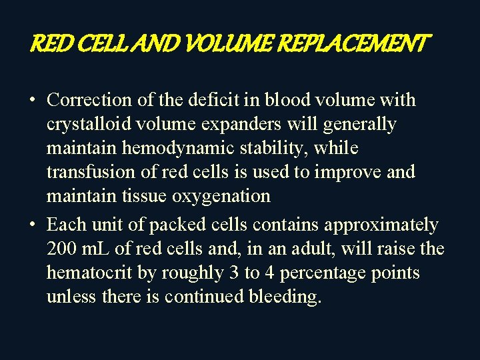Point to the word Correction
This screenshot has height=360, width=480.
click(x=89, y=100)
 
